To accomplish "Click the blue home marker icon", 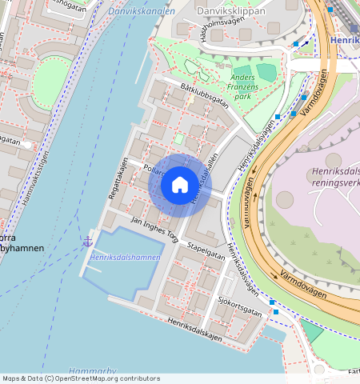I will [180, 186].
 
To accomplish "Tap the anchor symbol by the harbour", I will [88, 241].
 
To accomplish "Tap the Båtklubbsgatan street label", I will [205, 97].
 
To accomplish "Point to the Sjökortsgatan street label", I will [240, 306].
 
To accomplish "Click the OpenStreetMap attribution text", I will [81, 378].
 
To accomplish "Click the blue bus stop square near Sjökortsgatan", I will [273, 302].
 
